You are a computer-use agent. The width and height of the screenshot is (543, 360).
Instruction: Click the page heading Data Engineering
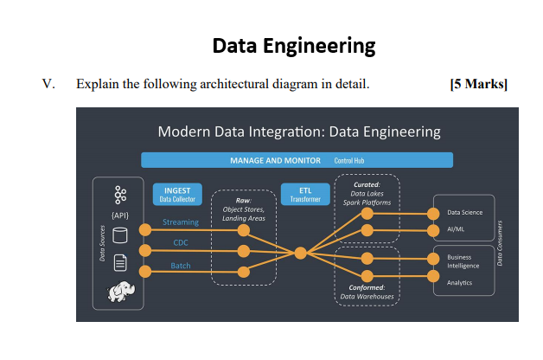[x=293, y=45]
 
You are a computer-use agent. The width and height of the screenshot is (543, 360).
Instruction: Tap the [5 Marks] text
[x=478, y=85]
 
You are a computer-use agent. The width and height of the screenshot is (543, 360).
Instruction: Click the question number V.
[x=48, y=85]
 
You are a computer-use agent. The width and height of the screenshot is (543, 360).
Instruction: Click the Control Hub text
[x=348, y=161]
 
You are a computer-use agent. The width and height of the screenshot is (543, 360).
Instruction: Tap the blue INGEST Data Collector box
[x=177, y=195]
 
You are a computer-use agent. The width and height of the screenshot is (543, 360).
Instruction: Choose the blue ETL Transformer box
[x=305, y=195]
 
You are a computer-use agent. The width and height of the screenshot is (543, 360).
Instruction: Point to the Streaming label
[x=180, y=222]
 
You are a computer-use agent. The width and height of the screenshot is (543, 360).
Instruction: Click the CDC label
[x=180, y=243]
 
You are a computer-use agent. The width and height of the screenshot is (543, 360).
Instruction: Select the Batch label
[x=180, y=266]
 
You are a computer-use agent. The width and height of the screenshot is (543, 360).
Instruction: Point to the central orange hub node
[x=300, y=253]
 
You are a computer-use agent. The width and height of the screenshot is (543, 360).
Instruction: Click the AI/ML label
[x=456, y=230]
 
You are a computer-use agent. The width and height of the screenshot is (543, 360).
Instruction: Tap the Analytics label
[x=459, y=283]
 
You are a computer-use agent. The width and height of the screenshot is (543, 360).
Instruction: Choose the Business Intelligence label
[x=463, y=261]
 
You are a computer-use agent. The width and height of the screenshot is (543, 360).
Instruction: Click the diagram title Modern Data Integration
[x=299, y=132]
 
